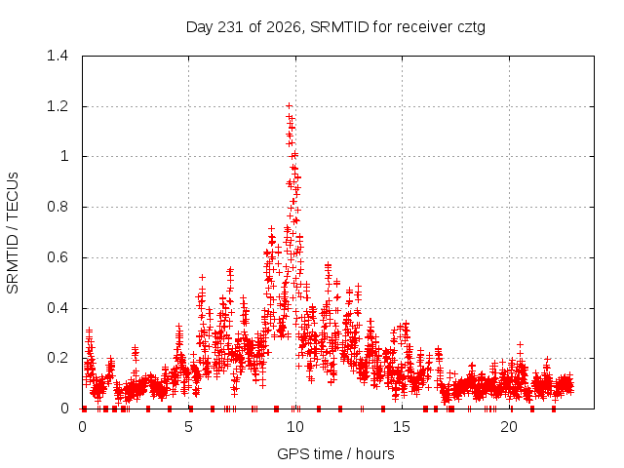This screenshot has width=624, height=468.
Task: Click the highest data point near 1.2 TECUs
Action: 290,106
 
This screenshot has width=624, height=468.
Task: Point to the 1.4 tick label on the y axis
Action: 58,56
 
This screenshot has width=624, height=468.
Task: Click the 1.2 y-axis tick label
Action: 58,106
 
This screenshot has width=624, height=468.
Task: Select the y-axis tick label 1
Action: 64,156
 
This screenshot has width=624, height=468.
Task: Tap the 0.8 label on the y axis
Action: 58,207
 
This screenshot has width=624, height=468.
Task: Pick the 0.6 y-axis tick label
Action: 58,257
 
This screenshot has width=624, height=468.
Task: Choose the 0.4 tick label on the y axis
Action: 58,308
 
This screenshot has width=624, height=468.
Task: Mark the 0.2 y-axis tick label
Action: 58,358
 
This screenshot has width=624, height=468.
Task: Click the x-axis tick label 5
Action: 188,427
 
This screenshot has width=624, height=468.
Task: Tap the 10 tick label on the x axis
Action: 295,427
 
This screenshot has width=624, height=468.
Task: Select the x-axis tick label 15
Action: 402,427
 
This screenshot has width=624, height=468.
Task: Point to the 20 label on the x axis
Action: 509,427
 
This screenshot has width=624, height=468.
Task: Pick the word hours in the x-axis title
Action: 374,453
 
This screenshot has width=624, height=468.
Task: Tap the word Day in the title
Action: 200,28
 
